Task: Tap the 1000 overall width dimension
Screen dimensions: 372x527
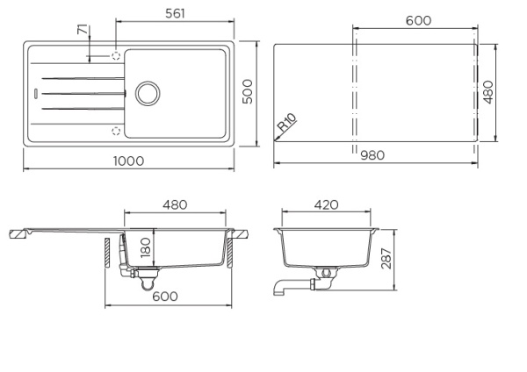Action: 127,161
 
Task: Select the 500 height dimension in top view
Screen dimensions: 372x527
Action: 249,91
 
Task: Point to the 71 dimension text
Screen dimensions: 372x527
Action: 83,32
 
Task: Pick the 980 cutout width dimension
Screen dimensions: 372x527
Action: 374,155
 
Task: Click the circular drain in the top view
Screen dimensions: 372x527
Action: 146,91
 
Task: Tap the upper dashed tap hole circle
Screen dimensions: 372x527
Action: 115,54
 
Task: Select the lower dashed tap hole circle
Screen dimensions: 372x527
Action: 115,131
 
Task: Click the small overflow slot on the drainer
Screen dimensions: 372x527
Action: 35,91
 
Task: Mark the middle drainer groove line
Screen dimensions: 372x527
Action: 83,91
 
